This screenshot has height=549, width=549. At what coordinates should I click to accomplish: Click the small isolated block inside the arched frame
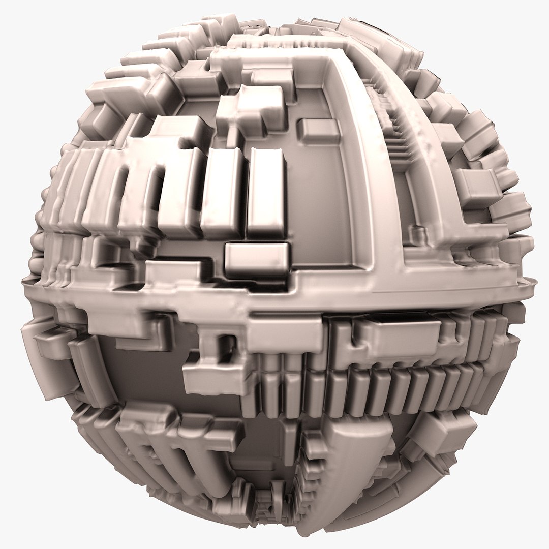(318, 130)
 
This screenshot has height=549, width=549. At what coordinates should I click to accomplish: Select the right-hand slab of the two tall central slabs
(265, 193)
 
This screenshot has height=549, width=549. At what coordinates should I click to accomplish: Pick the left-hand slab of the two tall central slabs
(223, 193)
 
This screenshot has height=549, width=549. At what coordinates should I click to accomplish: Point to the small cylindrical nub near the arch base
(418, 234)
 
